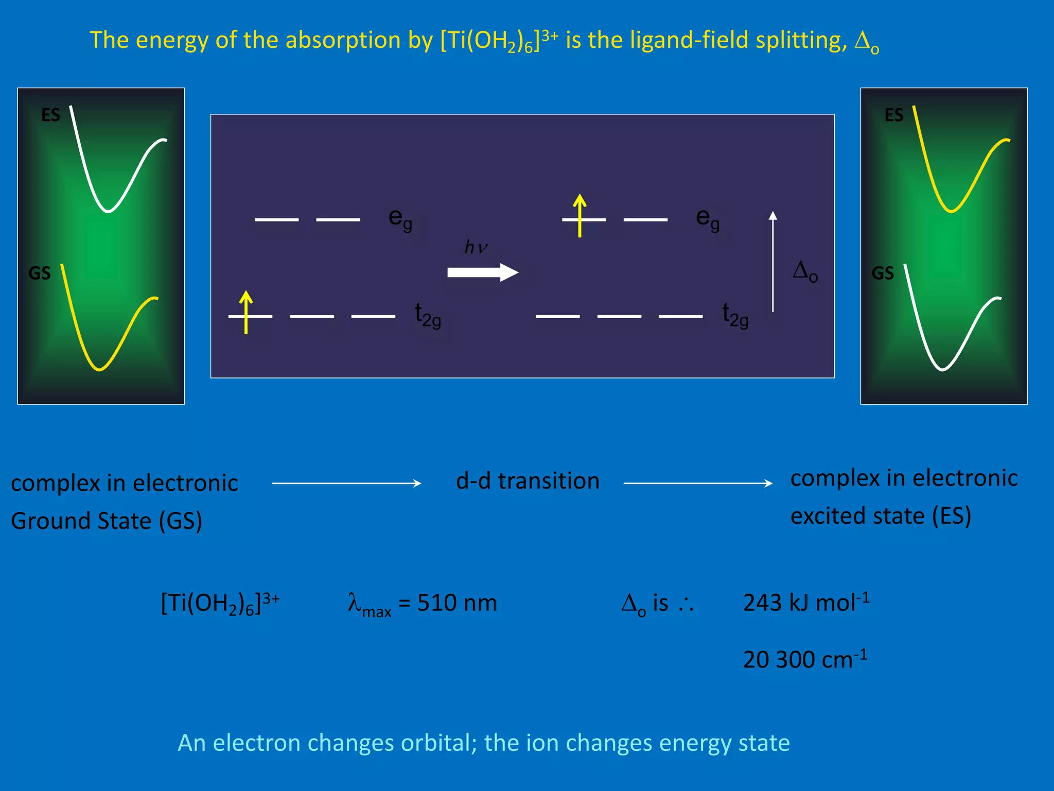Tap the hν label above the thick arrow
tap(476, 247)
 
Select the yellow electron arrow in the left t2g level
tap(246, 312)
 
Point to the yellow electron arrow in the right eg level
tap(580, 215)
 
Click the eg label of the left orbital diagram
tap(400, 219)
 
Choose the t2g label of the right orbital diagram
tap(735, 315)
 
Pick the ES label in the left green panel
tap(50, 115)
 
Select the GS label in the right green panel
tap(883, 273)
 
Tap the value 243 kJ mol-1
tap(806, 602)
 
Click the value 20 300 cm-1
tap(805, 659)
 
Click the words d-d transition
tap(528, 481)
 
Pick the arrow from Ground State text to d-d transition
tap(346, 483)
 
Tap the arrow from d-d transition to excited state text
tap(697, 483)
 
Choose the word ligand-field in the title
tap(689, 40)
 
